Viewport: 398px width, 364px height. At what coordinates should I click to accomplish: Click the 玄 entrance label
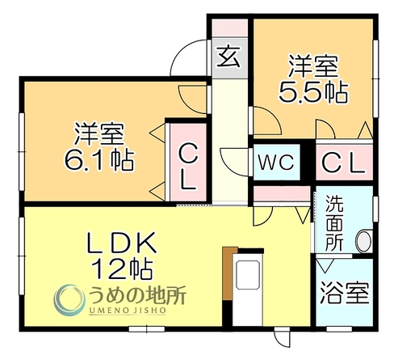tap(228, 57)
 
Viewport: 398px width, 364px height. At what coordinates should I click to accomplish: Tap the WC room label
tap(276, 162)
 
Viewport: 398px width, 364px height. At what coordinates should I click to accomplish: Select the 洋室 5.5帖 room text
tap(313, 78)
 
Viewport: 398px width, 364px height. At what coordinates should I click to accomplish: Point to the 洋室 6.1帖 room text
tap(99, 146)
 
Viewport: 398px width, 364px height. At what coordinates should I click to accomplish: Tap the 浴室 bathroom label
tap(345, 293)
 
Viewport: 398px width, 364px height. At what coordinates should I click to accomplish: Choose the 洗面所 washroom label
tap(334, 223)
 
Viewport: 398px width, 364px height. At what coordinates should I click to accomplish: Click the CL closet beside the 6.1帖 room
tap(188, 167)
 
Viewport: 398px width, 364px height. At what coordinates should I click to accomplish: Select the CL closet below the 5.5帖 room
tap(344, 163)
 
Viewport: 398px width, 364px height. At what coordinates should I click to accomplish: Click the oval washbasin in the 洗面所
tap(364, 241)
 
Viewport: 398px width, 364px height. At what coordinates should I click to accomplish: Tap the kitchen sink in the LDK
tap(248, 275)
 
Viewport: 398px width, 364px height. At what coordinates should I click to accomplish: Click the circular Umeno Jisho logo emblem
tap(69, 300)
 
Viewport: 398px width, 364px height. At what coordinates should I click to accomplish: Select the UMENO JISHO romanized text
tap(127, 311)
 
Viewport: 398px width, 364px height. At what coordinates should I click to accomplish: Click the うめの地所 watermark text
tap(137, 295)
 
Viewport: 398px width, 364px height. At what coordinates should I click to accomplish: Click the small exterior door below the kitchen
tap(282, 337)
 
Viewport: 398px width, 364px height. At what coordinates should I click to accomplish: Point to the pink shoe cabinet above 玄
tap(229, 28)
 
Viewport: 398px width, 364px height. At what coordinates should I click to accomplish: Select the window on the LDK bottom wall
tap(147, 329)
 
